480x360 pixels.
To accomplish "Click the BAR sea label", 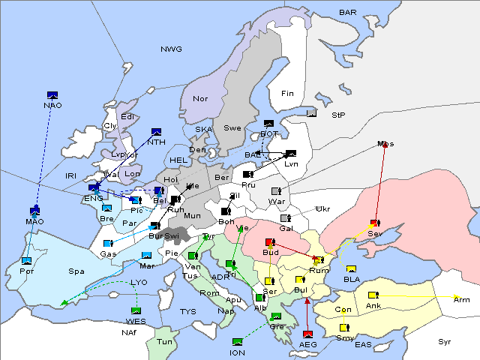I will pyautogui.click(x=348, y=13).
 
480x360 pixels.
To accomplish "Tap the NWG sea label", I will pyautogui.click(x=171, y=49).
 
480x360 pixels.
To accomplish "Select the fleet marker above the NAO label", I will pyautogui.click(x=52, y=94).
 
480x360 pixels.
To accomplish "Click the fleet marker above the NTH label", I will pyautogui.click(x=156, y=132).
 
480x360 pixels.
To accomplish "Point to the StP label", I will pyautogui.click(x=338, y=115).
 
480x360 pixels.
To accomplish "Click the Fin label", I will pyautogui.click(x=287, y=94).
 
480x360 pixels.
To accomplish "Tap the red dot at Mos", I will pyautogui.click(x=385, y=144).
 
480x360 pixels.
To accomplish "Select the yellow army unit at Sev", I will pyautogui.click(x=373, y=223).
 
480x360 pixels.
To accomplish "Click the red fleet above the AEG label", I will pyautogui.click(x=307, y=333).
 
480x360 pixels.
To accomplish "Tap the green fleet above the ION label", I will pyautogui.click(x=238, y=342).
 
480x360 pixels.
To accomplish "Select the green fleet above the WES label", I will pyautogui.click(x=136, y=310).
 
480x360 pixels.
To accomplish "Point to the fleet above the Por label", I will pyautogui.click(x=27, y=260).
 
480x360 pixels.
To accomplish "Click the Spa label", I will pyautogui.click(x=76, y=271).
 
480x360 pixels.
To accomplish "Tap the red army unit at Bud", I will pyautogui.click(x=270, y=242).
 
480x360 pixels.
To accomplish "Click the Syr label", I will pyautogui.click(x=445, y=342).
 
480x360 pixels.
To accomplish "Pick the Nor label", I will pyautogui.click(x=200, y=98).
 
